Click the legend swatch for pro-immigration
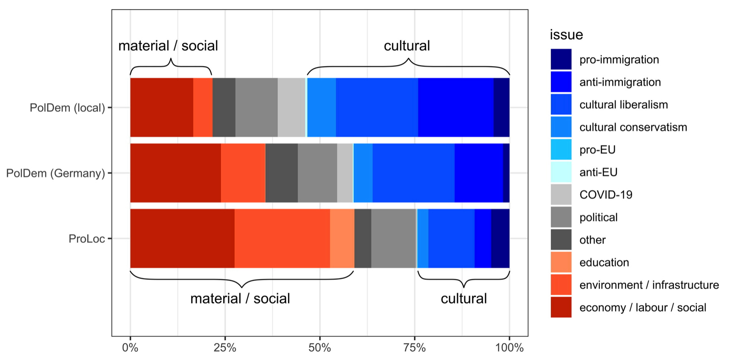coord(561,60)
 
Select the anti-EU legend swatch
coord(561,172)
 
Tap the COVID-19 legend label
coord(605,195)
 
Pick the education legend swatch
coord(561,262)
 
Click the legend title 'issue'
coord(566,35)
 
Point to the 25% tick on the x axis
coord(225,348)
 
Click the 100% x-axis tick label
coord(509,348)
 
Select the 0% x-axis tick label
coord(130,348)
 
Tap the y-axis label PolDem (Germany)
coord(55,173)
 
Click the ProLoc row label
coord(87,239)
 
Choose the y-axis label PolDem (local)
coord(67,108)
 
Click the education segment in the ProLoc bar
coord(342,238)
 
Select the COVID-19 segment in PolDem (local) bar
coord(291,107)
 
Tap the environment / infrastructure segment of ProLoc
coord(282,238)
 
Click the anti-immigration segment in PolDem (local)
coord(456,107)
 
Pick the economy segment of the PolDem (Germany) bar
coord(175,173)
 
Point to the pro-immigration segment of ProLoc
coord(500,238)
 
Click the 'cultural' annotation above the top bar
coord(407,46)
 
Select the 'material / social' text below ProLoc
coord(240,298)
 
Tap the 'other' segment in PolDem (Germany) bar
coord(281,173)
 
